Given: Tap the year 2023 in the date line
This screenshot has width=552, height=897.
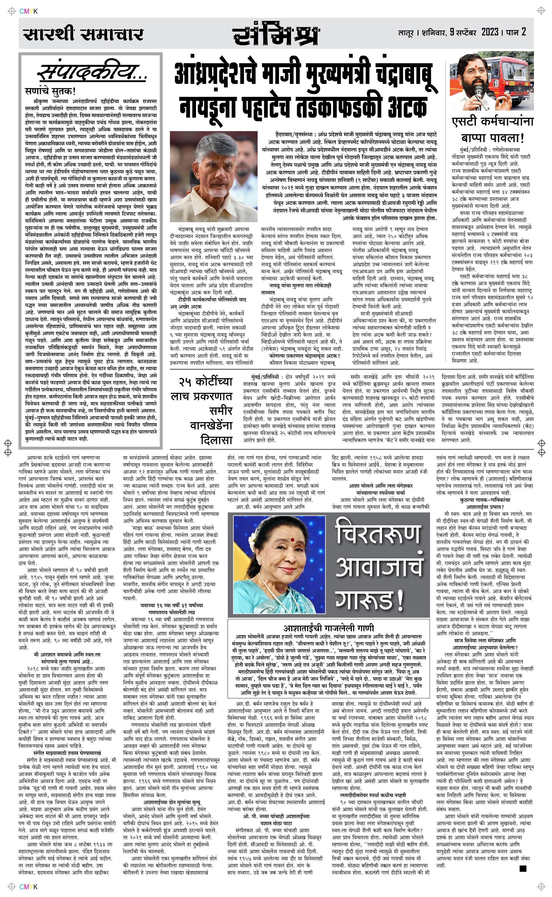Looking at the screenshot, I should click(490, 33).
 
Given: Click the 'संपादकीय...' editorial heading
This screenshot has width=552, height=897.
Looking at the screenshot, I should click(93, 73).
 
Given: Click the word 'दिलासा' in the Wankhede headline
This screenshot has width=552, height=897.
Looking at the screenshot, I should click(216, 440).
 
